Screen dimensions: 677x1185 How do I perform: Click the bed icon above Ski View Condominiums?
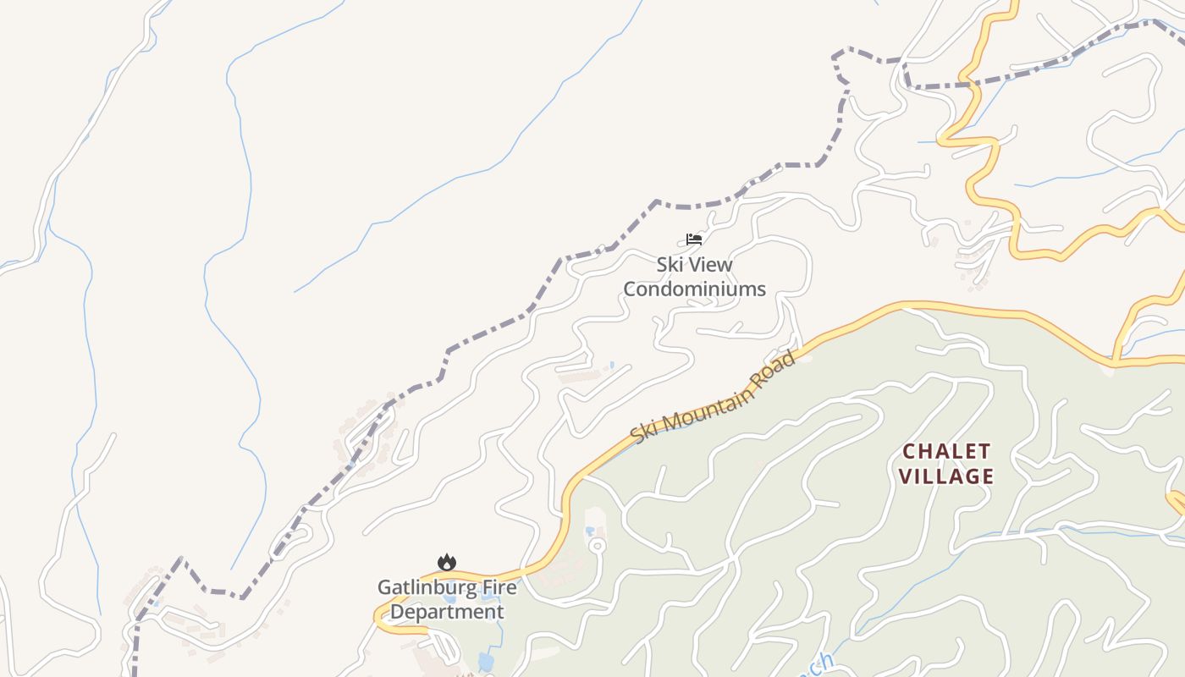694,239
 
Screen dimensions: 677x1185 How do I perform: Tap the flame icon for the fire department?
447,562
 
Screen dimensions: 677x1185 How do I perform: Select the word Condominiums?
694,289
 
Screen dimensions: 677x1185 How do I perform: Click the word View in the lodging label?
713,265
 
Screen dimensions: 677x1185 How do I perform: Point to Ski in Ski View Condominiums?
670,265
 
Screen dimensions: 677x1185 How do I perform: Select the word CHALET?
946,450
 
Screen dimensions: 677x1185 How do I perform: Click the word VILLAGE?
946,476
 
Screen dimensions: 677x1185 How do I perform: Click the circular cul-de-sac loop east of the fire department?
597,544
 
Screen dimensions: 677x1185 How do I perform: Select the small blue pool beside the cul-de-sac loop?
589,531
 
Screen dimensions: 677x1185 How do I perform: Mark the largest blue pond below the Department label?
485,661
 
